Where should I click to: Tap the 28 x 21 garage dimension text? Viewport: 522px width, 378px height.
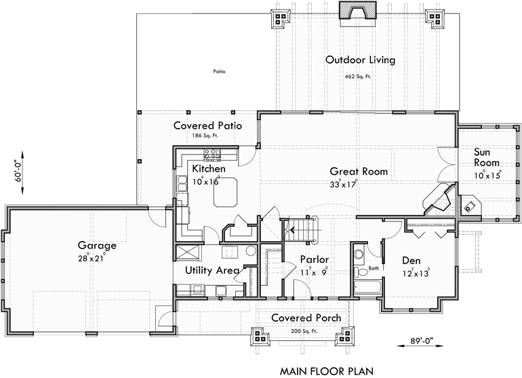coord(96,259)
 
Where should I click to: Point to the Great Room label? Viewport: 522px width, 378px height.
coord(359,171)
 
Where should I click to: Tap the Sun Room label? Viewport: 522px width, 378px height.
coord(486,157)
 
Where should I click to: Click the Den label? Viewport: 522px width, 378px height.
coord(411,259)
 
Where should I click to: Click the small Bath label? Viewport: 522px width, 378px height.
coord(373,269)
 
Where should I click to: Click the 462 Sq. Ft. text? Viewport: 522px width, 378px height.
coord(359,77)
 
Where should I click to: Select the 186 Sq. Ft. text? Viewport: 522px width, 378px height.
coord(207,136)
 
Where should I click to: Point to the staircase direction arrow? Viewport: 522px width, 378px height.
coord(292,230)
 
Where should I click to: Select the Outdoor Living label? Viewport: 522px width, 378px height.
coord(360,60)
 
